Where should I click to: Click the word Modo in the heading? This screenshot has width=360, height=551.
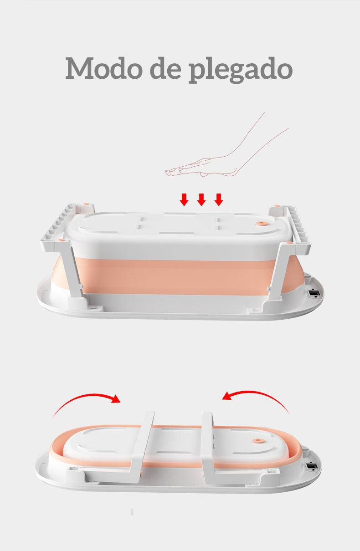click(x=104, y=68)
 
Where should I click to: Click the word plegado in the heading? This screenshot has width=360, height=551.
click(x=241, y=70)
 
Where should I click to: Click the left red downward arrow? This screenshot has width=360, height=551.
click(x=184, y=199)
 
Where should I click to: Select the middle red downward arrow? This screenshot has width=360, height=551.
click(x=201, y=199)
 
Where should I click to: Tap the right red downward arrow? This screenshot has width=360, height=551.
click(x=219, y=199)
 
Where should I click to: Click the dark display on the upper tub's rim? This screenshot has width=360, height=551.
click(x=314, y=293)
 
